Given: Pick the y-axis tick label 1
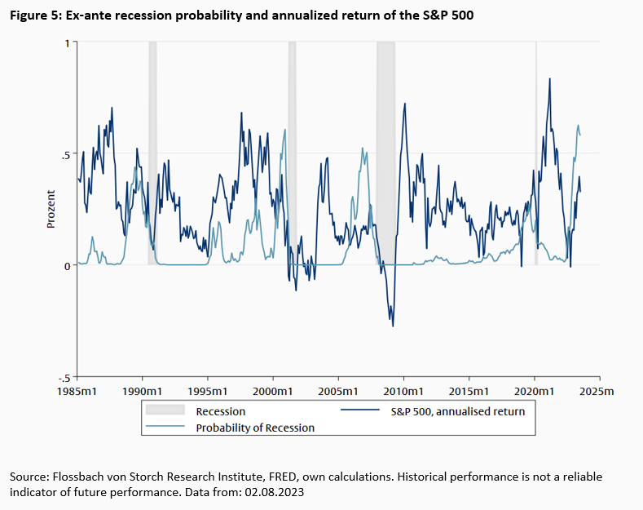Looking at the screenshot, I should (66, 42).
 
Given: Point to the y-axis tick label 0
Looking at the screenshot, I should (66, 265).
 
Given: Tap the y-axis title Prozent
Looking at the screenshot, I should (51, 209).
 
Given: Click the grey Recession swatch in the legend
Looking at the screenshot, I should (165, 411).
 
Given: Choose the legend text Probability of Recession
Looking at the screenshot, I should (255, 427).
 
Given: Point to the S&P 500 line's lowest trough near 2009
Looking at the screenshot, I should (393, 326).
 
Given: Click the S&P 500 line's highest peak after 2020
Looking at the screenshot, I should (549, 79).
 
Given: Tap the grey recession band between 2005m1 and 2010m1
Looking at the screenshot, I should (385, 163).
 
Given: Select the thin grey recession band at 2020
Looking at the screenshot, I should (535, 163).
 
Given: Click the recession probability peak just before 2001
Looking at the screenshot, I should (284, 130).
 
